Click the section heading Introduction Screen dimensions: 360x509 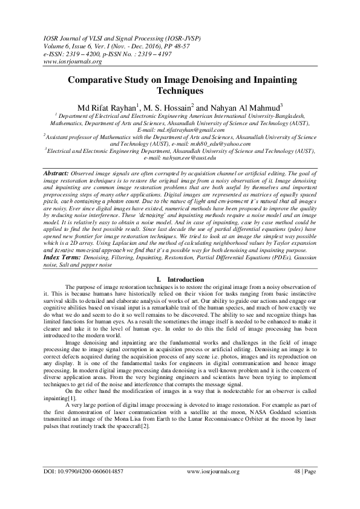pos(186,279)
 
